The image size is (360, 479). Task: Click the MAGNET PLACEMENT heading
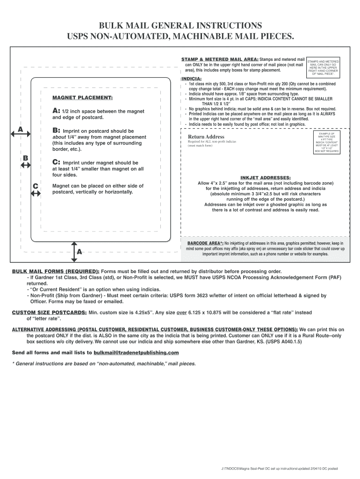82,98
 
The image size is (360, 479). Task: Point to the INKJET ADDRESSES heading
265,178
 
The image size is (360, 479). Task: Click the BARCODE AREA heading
205,244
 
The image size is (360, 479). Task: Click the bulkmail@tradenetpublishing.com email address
136,352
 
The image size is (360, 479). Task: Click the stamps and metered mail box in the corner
323,67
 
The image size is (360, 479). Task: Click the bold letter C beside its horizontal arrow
36,186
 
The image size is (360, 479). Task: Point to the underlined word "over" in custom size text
181,312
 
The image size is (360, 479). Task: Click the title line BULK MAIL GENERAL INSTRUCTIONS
180,25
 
